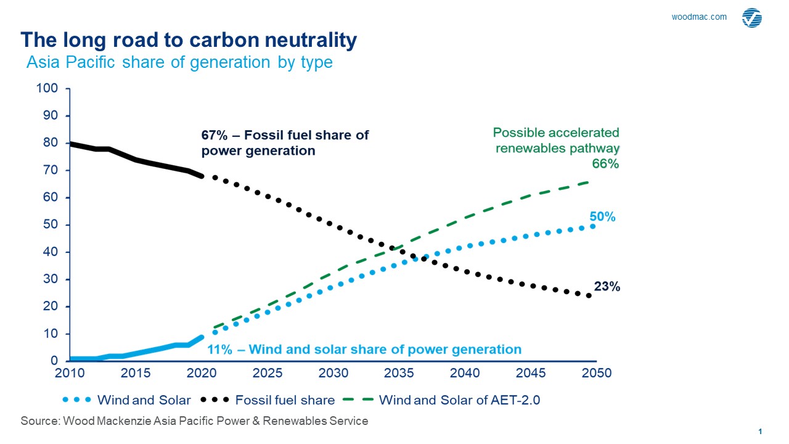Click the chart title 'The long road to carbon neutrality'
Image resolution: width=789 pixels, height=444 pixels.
[x=189, y=40]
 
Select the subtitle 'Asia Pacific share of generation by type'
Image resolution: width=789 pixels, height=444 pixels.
[x=179, y=62]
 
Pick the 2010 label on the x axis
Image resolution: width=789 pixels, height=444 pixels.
[x=70, y=374]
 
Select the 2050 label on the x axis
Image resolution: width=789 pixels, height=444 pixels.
[x=596, y=374]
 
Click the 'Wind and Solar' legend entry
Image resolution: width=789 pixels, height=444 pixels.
[x=142, y=400]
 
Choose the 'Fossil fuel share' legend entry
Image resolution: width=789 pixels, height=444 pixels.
[x=285, y=400]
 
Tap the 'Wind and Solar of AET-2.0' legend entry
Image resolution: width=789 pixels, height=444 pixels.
[x=459, y=400]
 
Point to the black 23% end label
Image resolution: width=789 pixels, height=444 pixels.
[x=607, y=286]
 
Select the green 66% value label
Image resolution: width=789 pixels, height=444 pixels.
[x=605, y=164]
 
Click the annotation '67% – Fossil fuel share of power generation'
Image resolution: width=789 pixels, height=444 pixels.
[x=285, y=142]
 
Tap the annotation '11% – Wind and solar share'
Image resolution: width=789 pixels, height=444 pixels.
[x=364, y=349]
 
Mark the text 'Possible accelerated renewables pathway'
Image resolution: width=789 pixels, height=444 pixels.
[x=556, y=140]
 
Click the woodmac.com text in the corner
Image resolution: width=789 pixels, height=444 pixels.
[x=699, y=17]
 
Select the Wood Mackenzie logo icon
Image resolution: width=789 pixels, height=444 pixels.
[x=752, y=18]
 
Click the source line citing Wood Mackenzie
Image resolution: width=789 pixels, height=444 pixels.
[x=194, y=421]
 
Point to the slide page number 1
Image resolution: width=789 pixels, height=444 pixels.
[x=760, y=431]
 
